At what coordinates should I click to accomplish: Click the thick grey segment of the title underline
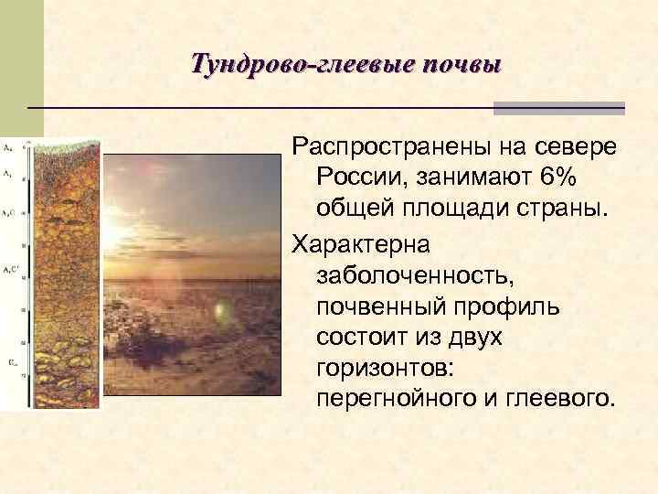(x=558, y=108)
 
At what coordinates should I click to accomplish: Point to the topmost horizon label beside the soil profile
(x=7, y=146)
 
